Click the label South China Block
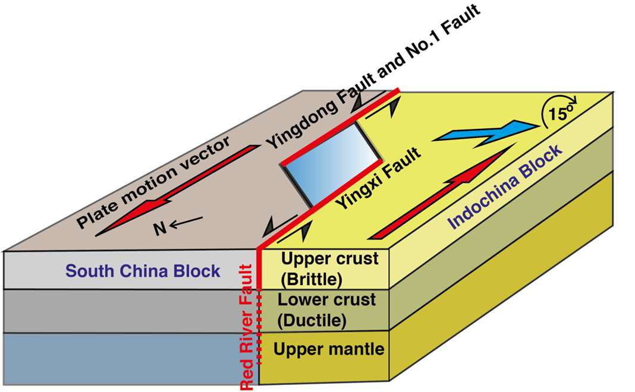[143, 271]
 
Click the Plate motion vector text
[152, 184]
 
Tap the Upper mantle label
[329, 349]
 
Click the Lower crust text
[327, 299]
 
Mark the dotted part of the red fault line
[259, 330]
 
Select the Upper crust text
[329, 259]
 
